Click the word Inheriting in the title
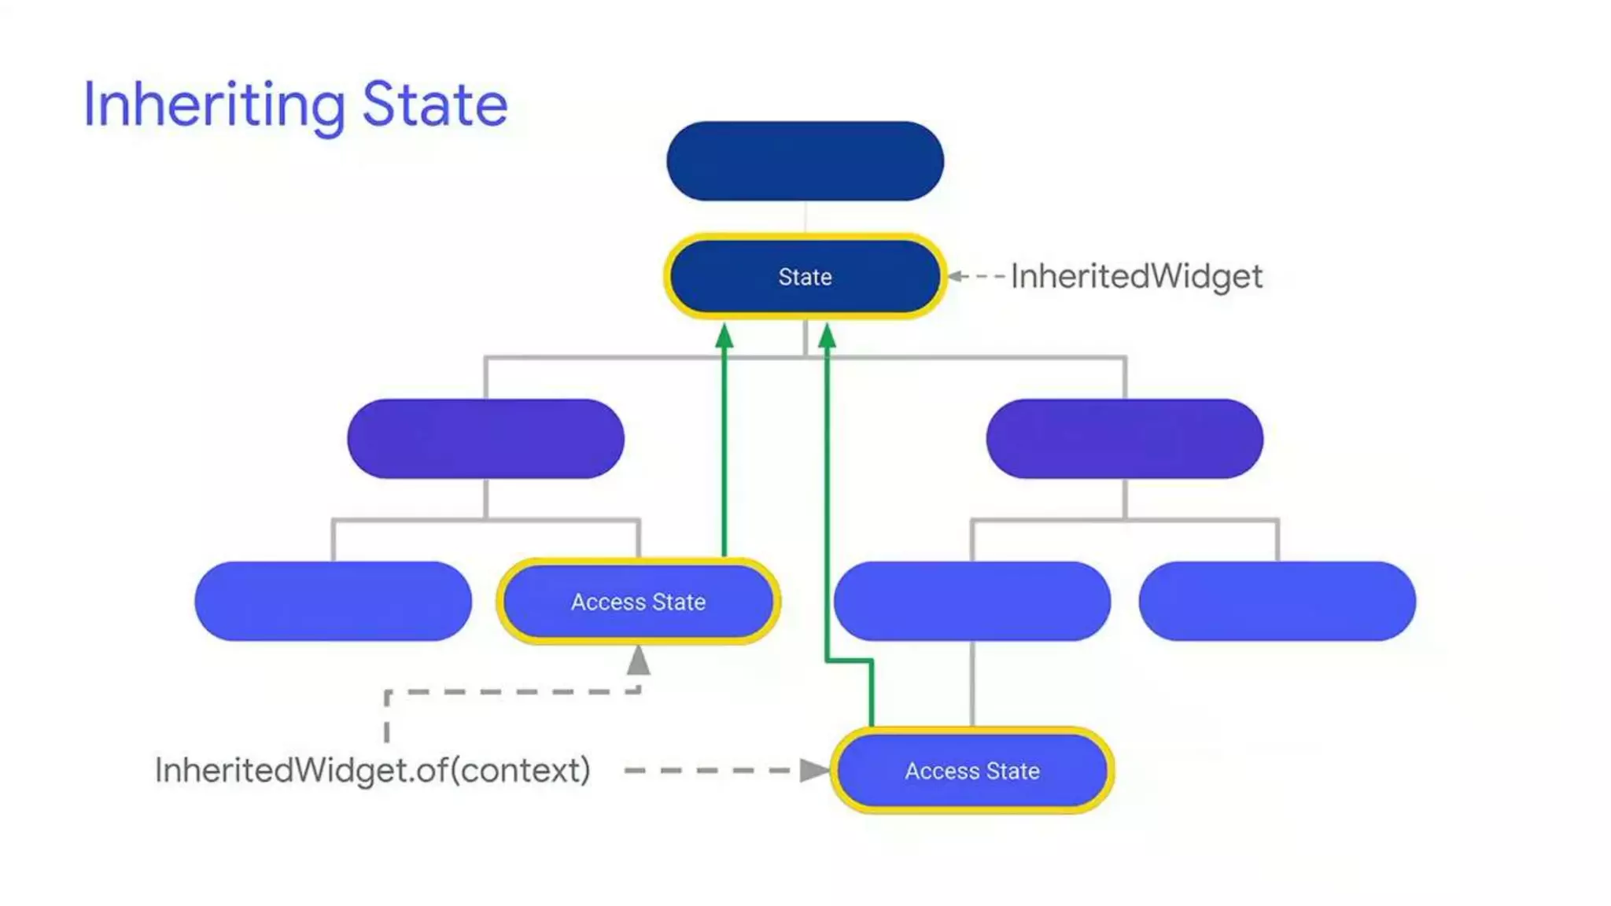click(214, 105)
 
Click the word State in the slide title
click(435, 105)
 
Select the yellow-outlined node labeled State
click(805, 277)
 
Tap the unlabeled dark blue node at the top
click(805, 161)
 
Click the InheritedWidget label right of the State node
click(1136, 277)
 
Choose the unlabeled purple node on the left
click(485, 439)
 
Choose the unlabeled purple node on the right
click(1124, 439)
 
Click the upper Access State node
click(638, 602)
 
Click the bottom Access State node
click(972, 771)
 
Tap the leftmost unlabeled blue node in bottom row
click(333, 602)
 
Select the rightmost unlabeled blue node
click(1277, 602)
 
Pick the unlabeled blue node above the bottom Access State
click(972, 602)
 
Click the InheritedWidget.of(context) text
click(373, 771)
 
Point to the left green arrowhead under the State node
click(724, 337)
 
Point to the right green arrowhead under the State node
click(827, 337)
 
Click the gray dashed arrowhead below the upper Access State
click(639, 661)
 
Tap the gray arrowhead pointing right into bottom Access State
click(814, 771)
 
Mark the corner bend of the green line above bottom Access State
click(872, 661)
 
